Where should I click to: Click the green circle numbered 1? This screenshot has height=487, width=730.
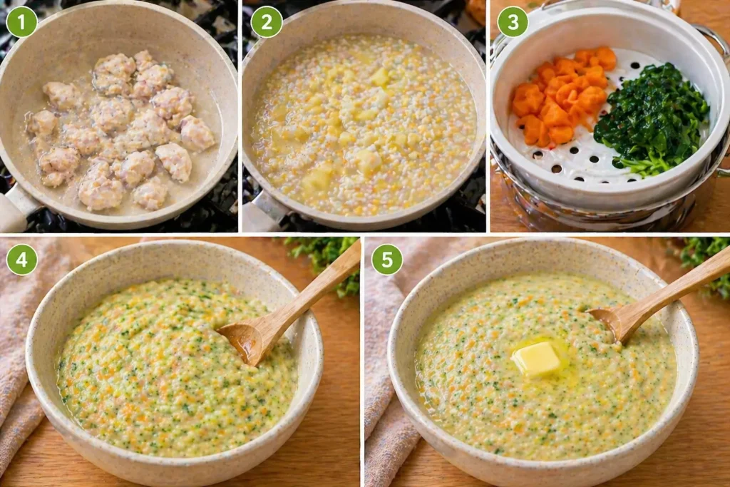(21, 21)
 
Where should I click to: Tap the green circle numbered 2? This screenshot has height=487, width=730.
(267, 21)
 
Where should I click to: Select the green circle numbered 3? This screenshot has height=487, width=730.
(513, 21)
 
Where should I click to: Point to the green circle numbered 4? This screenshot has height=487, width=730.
(21, 260)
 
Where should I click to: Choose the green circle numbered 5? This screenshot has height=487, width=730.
(387, 260)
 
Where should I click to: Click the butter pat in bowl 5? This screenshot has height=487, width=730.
(537, 359)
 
